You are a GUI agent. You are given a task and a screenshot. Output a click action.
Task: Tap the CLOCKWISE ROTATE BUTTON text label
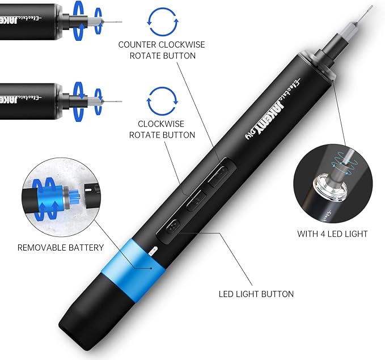pyautogui.click(x=162, y=129)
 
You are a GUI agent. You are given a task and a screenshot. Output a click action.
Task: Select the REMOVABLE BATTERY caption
pyautogui.click(x=61, y=247)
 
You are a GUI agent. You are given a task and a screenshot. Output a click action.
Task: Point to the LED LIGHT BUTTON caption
pyautogui.click(x=256, y=294)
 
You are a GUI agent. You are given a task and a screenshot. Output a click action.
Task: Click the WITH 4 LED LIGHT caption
pyautogui.click(x=332, y=234)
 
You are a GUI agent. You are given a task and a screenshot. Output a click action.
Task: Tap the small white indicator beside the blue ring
pyautogui.click(x=153, y=249)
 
